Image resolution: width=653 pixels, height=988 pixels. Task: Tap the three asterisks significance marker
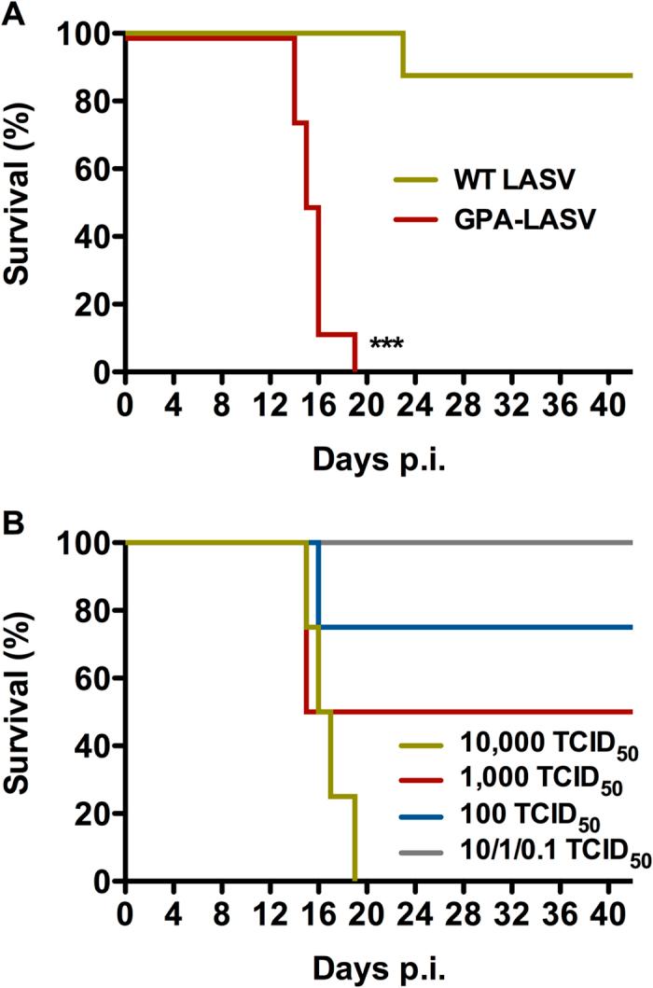(385, 344)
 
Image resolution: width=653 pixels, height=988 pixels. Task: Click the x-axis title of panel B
(377, 967)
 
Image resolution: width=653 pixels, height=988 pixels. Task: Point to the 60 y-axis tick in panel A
(88, 169)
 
